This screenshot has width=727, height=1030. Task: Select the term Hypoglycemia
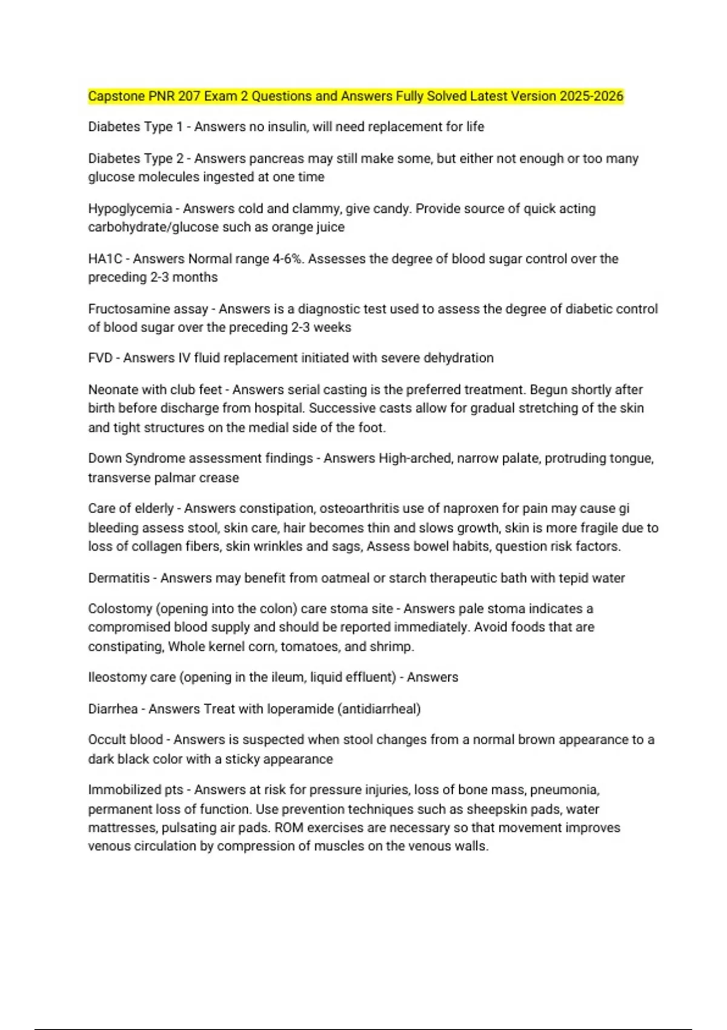tap(130, 209)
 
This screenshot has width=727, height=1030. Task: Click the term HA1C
tap(105, 259)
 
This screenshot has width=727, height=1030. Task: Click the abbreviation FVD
tap(100, 358)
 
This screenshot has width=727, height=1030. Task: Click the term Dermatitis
tap(119, 578)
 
